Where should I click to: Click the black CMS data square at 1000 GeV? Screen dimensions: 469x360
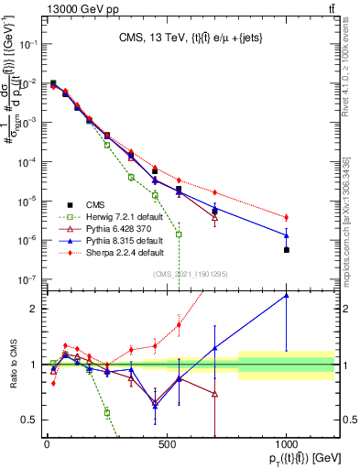287,249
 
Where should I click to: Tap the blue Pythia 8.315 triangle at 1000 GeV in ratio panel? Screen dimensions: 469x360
287,295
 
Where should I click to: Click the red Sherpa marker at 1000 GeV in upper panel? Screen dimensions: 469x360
287,217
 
